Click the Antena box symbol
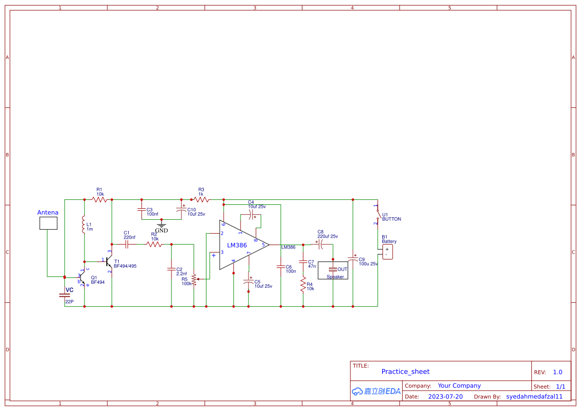[48, 223]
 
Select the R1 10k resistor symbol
[99, 199]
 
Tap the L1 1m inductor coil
[84, 226]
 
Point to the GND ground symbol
[162, 226]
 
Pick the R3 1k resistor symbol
[201, 199]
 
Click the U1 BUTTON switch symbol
[378, 215]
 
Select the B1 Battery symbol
[387, 251]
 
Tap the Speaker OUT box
[333, 270]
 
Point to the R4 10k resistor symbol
[302, 284]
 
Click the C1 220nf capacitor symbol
[127, 245]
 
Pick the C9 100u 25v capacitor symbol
[353, 259]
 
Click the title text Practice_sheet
[405, 372]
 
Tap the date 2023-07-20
[445, 397]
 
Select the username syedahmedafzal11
[534, 397]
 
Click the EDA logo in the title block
[376, 391]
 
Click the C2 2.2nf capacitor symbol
[171, 269]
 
